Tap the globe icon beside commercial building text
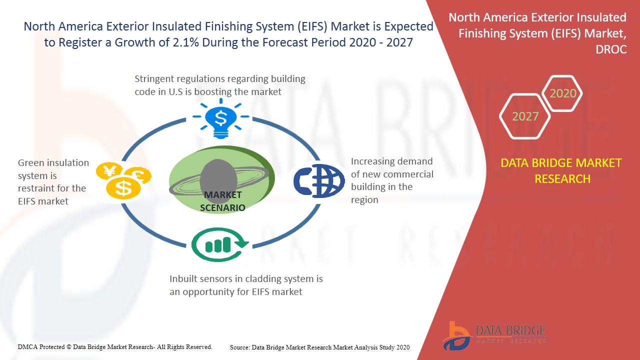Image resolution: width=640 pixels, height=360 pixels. [x=319, y=180]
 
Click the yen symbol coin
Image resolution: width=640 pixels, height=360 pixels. [x=109, y=171]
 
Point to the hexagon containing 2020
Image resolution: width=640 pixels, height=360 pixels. [x=563, y=93]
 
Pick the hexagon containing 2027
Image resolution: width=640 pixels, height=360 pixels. [x=525, y=116]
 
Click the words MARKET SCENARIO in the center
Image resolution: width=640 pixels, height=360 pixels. [x=222, y=201]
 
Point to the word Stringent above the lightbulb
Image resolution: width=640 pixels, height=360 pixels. [x=154, y=79]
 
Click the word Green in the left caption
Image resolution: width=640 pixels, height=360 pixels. [x=31, y=163]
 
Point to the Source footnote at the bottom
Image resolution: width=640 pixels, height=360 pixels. [x=319, y=347]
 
